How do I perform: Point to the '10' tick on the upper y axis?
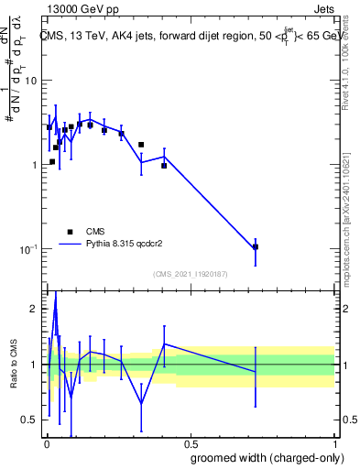tap(30, 81)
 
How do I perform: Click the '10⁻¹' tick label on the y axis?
tap(27, 249)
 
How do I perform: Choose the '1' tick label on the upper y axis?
tap(34, 165)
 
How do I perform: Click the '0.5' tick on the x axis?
tap(190, 445)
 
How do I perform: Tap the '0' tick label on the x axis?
tap(46, 445)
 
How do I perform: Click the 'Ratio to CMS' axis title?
tap(14, 365)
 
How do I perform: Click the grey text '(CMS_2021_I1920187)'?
tap(190, 274)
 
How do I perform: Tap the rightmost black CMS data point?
tap(256, 246)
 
